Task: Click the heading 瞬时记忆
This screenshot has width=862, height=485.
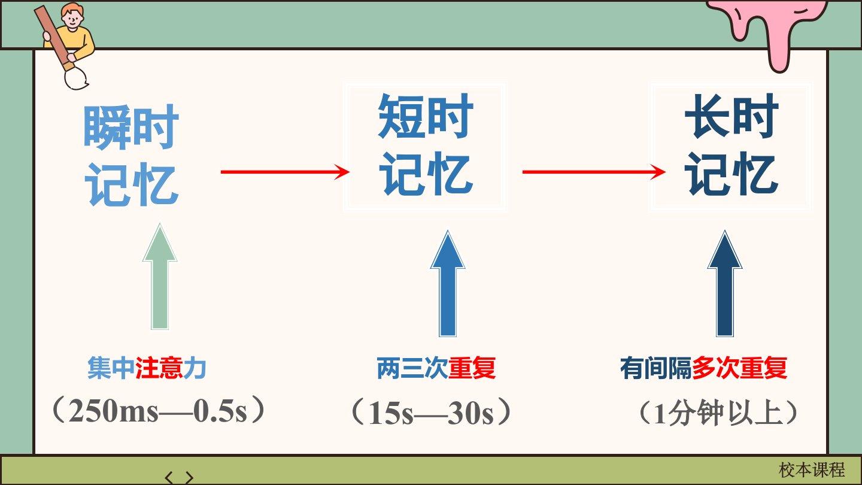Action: [x=131, y=155]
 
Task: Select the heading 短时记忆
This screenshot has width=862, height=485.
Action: [x=425, y=145]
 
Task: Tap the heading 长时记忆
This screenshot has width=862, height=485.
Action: [x=732, y=145]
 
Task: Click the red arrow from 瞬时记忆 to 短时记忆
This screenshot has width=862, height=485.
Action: [x=285, y=172]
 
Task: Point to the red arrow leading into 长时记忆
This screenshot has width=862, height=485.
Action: [x=594, y=172]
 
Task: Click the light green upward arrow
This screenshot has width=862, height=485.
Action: [x=160, y=277]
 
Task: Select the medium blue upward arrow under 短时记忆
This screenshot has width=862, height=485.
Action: [x=448, y=284]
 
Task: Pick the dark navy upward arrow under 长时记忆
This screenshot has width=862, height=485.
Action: [x=725, y=284]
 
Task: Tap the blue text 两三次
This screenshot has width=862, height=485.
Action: [x=412, y=368]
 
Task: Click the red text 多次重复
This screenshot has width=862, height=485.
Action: [x=740, y=368]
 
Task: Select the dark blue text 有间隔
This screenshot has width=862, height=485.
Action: [x=656, y=368]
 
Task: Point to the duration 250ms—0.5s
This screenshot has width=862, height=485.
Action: [x=158, y=411]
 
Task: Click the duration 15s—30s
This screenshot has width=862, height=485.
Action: [x=431, y=413]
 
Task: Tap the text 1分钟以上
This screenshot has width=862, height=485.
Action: [x=717, y=413]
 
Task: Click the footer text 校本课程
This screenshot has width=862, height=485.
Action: [x=812, y=470]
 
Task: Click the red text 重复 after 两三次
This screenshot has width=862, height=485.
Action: [x=472, y=368]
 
